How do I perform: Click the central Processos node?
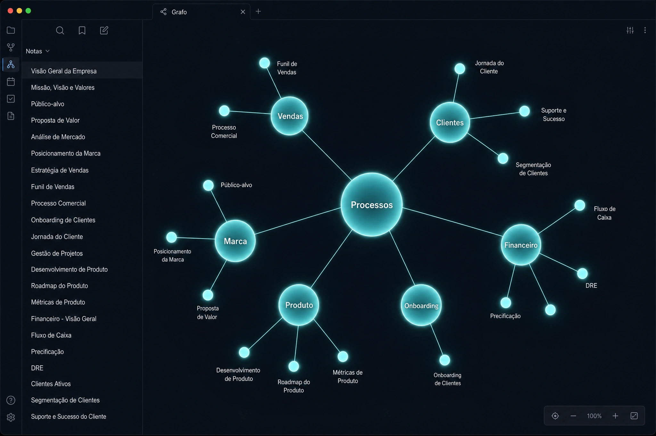[x=372, y=205]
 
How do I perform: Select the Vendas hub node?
[x=290, y=116]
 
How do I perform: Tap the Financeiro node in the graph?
[x=521, y=245]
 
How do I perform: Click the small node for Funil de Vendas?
[x=264, y=63]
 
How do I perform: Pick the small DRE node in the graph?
[x=582, y=273]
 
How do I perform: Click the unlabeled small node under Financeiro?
[x=550, y=310]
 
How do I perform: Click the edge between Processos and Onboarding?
[x=402, y=258]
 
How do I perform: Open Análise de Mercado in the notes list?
[x=58, y=137]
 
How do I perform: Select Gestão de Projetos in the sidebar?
[x=57, y=253]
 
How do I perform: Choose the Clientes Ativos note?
[x=51, y=384]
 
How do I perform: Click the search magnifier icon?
[x=60, y=30]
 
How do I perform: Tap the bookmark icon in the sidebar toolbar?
[x=82, y=30]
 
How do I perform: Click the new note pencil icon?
[x=104, y=30]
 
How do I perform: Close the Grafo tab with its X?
[x=243, y=12]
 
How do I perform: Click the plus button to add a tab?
[x=258, y=12]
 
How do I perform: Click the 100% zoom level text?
[x=594, y=416]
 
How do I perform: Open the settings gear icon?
[x=11, y=417]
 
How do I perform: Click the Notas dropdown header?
[x=37, y=51]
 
